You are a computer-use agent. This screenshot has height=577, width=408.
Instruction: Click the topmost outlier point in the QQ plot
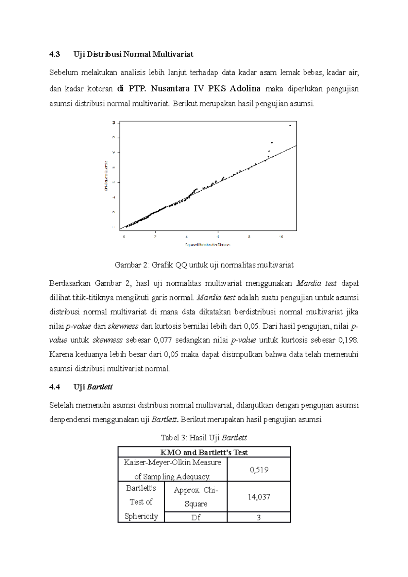tap(290, 125)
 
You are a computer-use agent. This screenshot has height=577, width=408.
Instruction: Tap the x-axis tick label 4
tap(187, 237)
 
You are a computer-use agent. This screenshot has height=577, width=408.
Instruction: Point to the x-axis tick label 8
tap(249, 237)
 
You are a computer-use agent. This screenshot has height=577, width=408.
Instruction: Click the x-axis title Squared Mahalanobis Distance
tap(208, 245)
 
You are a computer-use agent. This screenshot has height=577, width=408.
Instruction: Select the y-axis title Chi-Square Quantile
tap(106, 176)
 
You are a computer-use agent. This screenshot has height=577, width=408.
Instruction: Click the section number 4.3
tap(54, 54)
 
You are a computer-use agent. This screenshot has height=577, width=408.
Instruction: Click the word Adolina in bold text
tap(245, 89)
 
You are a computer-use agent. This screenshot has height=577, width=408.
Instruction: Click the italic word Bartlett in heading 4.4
tap(100, 387)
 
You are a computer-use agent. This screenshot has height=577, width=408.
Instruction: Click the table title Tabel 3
tap(173, 438)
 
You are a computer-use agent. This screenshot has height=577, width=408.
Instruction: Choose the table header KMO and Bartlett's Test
tap(204, 452)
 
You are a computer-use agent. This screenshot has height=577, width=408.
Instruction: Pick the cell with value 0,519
tap(259, 470)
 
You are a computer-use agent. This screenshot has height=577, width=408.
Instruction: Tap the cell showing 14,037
tap(259, 497)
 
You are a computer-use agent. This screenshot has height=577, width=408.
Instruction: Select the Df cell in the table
tap(196, 518)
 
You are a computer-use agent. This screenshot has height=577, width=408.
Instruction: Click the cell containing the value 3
tap(259, 518)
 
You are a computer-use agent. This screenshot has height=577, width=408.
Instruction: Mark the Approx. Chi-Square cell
tap(196, 497)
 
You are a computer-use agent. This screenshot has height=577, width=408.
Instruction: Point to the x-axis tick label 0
tap(124, 237)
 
